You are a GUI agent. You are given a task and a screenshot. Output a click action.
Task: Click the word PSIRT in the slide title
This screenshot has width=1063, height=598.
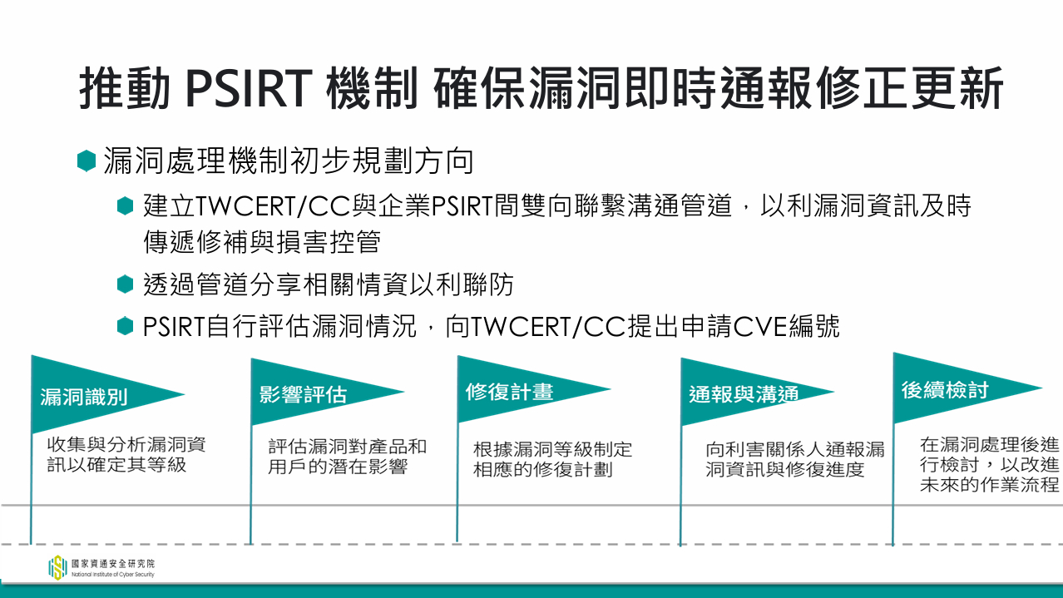coord(249,88)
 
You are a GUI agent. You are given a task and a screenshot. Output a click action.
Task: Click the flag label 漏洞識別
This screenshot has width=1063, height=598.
coord(83,397)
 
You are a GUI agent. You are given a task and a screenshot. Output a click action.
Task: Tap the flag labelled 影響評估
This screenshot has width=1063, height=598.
coord(303,394)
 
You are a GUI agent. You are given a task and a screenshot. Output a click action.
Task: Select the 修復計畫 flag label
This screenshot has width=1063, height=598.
coord(509,392)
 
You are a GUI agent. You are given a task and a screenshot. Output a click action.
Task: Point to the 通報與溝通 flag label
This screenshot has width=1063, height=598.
coord(744,394)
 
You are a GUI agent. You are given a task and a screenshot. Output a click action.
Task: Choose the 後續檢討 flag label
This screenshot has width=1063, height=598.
coord(945,390)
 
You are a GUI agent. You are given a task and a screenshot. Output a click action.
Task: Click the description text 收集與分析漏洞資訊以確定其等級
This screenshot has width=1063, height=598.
coord(126,455)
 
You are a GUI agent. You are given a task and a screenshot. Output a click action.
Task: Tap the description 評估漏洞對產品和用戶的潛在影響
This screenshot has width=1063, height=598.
coord(348,457)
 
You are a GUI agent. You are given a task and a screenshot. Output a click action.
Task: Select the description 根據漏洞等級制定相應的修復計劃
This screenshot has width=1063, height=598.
coord(553,459)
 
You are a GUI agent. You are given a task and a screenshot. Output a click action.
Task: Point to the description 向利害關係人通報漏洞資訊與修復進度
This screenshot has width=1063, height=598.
coord(795,459)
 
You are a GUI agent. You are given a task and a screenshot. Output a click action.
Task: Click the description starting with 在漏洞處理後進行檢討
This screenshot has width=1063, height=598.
coord(990,465)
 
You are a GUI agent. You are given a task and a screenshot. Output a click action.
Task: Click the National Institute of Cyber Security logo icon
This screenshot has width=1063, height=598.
coord(57,567)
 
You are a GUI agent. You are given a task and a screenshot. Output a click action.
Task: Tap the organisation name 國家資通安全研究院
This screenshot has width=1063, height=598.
coord(113,564)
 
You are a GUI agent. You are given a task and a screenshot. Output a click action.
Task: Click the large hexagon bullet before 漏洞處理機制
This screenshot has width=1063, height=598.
coord(87,161)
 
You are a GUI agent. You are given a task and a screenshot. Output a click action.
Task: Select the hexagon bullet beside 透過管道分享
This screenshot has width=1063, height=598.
coord(126,284)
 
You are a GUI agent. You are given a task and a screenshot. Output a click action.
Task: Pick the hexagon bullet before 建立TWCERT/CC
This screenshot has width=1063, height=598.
coord(126,206)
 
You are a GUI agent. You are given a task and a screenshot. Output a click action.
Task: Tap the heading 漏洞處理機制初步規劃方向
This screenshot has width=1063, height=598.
coord(289,161)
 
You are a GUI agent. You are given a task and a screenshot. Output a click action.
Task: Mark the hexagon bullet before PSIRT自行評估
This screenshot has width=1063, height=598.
coord(126,326)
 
